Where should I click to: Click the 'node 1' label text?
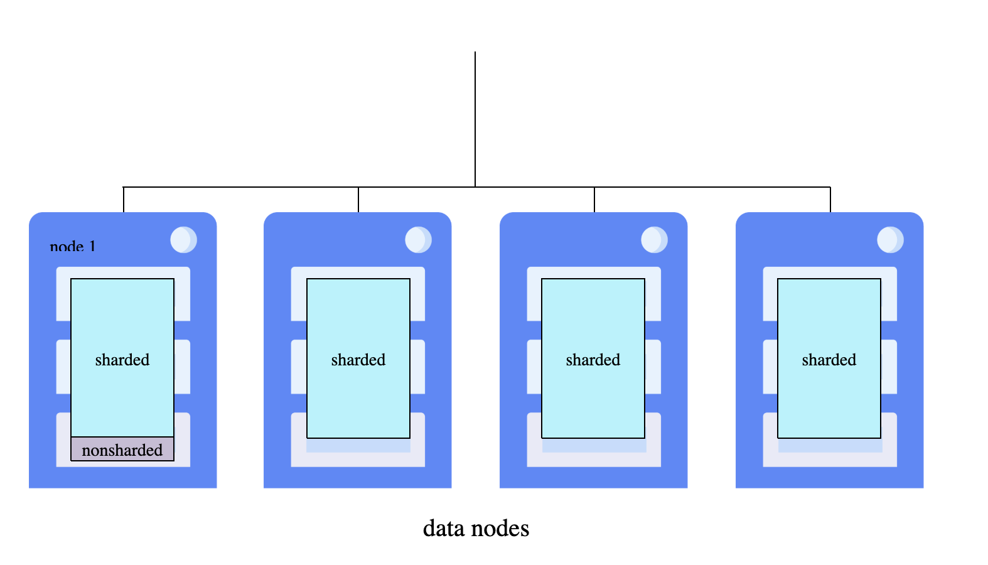[x=73, y=247]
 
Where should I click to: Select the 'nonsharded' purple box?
[x=122, y=449]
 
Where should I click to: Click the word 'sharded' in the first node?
[x=122, y=360]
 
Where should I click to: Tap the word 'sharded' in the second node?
[x=358, y=360]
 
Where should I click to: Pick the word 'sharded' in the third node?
[x=593, y=360]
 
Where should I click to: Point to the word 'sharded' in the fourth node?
[x=829, y=360]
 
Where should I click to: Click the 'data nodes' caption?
[x=476, y=529]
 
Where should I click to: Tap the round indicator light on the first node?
[x=183, y=240]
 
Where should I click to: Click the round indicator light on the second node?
[x=418, y=240]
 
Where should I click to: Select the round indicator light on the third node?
[x=654, y=240]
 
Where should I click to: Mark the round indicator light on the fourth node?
[x=890, y=240]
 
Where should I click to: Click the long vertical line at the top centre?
[x=475, y=119]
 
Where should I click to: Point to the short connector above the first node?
[x=124, y=200]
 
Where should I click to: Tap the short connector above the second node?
[x=358, y=200]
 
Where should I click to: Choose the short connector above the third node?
[x=594, y=200]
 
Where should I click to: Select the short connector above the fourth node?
[x=830, y=200]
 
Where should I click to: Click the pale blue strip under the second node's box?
[x=358, y=446]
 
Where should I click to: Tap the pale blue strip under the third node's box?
[x=594, y=446]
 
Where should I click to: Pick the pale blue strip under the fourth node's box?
[x=830, y=446]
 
